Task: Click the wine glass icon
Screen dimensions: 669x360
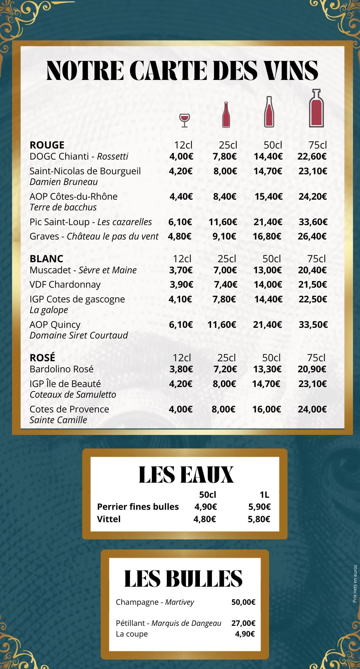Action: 184,120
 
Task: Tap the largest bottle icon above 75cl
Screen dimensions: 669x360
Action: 316,108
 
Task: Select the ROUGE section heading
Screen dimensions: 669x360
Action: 47,145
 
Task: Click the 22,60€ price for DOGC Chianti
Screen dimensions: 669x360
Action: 312,156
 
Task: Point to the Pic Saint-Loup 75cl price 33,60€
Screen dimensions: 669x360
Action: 313,222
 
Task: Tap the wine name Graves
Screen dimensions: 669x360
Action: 44,236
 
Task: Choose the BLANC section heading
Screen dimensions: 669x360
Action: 46,259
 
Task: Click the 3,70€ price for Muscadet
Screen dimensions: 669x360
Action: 181,270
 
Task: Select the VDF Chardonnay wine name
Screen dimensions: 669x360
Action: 65,284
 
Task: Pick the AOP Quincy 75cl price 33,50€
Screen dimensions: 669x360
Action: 313,324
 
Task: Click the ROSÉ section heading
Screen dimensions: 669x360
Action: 42,358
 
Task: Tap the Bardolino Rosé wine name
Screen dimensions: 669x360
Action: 62,369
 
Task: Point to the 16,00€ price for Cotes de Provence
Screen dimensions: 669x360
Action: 266,409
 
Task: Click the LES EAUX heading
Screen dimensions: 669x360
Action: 186,475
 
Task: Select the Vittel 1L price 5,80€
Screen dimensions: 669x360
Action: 259,519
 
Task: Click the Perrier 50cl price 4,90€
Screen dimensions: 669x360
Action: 206,506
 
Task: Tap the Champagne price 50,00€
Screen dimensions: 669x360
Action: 243,602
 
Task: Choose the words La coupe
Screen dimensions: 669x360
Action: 132,634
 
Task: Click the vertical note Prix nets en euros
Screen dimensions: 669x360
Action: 355,584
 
